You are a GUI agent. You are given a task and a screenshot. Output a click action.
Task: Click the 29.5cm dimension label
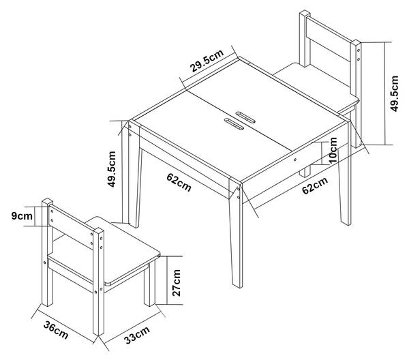(x=207, y=61)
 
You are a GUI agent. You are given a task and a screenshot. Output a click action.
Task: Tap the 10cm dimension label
(x=333, y=151)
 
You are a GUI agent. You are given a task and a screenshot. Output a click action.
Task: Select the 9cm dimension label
(x=22, y=216)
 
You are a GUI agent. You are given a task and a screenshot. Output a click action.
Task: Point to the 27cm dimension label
(x=177, y=283)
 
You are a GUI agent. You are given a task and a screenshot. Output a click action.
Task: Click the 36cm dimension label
(x=56, y=330)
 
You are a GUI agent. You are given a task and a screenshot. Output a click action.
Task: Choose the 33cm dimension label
(x=137, y=335)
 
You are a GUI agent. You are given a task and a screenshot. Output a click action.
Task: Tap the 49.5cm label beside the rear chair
(x=395, y=93)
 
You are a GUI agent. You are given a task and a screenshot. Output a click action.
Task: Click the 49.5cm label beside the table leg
(x=112, y=169)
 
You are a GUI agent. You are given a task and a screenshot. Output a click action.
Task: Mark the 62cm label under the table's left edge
(x=179, y=182)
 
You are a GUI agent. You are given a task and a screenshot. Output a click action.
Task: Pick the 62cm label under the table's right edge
(x=315, y=185)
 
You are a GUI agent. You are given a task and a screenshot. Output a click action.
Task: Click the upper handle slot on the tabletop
(x=245, y=117)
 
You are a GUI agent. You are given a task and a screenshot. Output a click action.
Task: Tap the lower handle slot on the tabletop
(x=234, y=124)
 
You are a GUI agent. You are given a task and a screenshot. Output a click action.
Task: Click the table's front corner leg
(x=236, y=233)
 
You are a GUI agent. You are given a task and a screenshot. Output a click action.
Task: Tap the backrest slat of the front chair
(x=71, y=226)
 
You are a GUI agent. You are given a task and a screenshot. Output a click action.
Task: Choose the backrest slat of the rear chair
(x=329, y=39)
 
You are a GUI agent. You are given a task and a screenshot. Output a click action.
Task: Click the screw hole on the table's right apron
(x=295, y=160)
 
